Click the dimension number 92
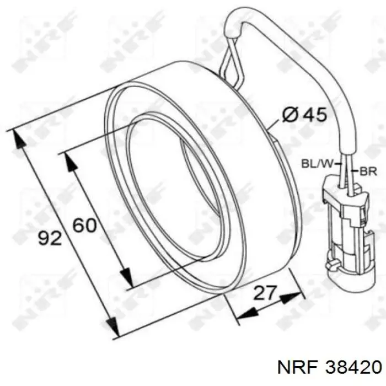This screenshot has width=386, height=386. click(50, 238)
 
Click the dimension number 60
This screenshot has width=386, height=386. click(85, 224)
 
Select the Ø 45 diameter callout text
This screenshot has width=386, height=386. click(304, 115)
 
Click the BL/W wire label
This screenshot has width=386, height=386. click(317, 163)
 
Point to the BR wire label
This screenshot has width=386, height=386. click(368, 171)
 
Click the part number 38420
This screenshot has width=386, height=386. click(353, 368)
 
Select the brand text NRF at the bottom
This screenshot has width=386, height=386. click(297, 368)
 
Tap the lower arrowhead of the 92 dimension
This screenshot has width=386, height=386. click(112, 326)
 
